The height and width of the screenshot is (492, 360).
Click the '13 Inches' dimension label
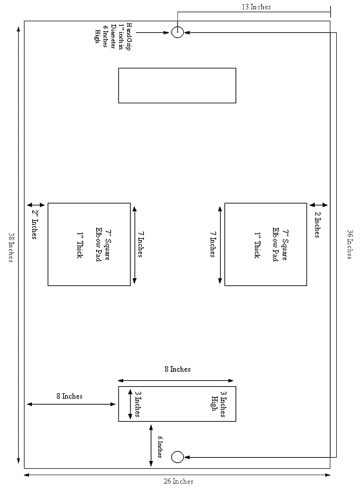(x=256, y=7)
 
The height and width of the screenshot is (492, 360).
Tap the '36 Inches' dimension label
(x=350, y=244)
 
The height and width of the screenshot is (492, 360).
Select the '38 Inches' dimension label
(x=10, y=247)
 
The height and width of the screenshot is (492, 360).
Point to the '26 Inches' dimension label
(x=179, y=481)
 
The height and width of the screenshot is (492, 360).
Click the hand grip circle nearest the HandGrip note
(x=177, y=32)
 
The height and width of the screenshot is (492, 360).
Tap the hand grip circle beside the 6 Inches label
(x=177, y=457)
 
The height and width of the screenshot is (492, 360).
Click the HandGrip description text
(x=114, y=37)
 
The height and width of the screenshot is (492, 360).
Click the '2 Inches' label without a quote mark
(x=317, y=225)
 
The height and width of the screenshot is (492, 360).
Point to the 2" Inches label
(x=35, y=224)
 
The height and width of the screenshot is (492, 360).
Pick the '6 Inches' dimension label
(x=160, y=447)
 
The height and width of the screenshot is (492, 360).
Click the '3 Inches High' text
(x=219, y=404)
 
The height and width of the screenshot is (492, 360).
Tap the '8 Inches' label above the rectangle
(x=177, y=369)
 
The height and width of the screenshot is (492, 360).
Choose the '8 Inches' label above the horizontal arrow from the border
(x=69, y=396)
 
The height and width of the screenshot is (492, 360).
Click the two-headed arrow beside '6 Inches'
(x=151, y=446)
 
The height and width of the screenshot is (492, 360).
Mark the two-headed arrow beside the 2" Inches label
(x=36, y=205)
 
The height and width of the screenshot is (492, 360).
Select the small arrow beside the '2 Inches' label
(x=319, y=205)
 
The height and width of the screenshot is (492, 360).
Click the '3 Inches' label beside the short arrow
(x=137, y=404)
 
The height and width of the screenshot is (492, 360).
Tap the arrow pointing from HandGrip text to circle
(x=153, y=32)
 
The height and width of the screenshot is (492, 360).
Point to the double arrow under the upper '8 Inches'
(x=175, y=380)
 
